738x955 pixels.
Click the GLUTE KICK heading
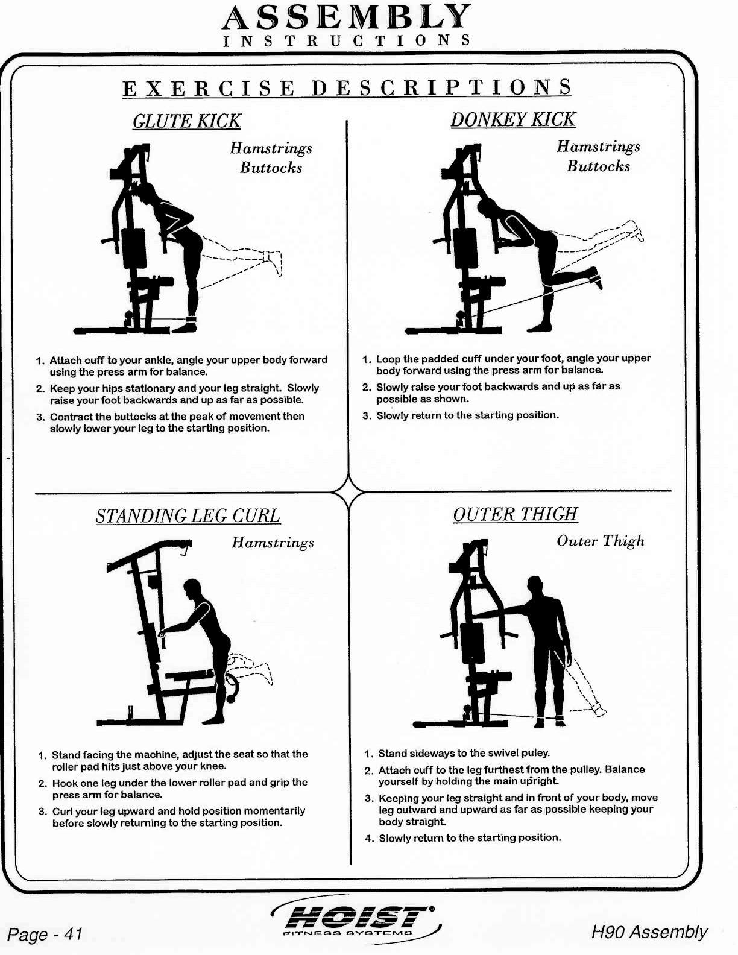tap(186, 121)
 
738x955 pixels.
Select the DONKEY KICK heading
tap(513, 119)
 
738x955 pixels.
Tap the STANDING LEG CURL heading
tap(188, 516)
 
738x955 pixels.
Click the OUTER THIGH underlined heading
tap(516, 514)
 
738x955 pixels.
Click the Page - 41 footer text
tap(45, 935)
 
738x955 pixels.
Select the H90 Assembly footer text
tap(649, 932)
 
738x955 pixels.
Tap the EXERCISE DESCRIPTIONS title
tap(347, 88)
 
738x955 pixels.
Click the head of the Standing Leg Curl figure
tap(193, 588)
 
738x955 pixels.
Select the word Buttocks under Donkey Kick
tap(598, 166)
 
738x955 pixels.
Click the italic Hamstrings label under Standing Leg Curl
tap(273, 543)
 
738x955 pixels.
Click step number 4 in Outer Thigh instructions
tap(369, 838)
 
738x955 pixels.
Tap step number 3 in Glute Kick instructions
tap(40, 417)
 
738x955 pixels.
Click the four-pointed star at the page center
tap(349, 492)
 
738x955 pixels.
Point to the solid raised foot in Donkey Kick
tap(596, 279)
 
